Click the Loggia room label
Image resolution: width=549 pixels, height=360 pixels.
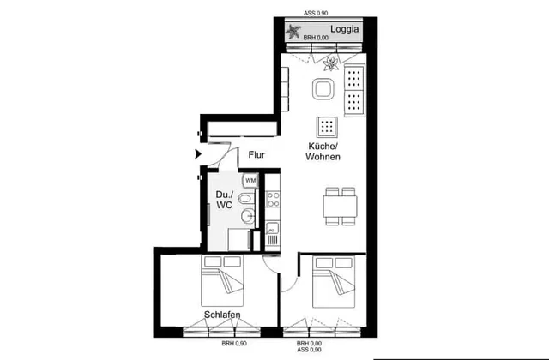coord(344,29)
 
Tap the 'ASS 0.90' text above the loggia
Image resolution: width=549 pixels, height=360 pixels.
coord(316,14)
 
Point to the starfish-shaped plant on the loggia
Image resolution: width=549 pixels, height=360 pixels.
coord(293,32)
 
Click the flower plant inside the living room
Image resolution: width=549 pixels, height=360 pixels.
coord(331,63)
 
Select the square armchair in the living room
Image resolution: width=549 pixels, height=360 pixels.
coord(323,89)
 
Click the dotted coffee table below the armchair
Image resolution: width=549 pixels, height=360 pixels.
coord(327,127)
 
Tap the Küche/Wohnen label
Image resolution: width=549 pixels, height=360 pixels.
coord(323,151)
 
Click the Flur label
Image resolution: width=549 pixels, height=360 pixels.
coord(256,154)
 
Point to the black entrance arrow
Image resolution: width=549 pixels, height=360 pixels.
coord(198,154)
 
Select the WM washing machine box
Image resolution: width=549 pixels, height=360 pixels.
coord(250,181)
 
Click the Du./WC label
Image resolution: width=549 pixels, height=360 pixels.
coord(224,200)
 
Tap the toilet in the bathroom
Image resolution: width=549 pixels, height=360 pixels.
coord(248,199)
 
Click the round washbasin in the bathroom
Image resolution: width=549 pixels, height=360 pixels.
coord(248,215)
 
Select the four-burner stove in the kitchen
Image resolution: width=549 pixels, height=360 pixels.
coord(273,199)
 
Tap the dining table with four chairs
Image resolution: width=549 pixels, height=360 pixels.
coord(340,207)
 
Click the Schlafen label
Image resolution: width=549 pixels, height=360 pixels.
coord(222,315)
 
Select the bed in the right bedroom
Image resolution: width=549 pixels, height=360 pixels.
coord(334,282)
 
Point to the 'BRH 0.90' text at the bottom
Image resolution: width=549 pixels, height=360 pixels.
coord(234,344)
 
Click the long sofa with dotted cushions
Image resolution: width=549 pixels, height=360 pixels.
coord(354,90)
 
